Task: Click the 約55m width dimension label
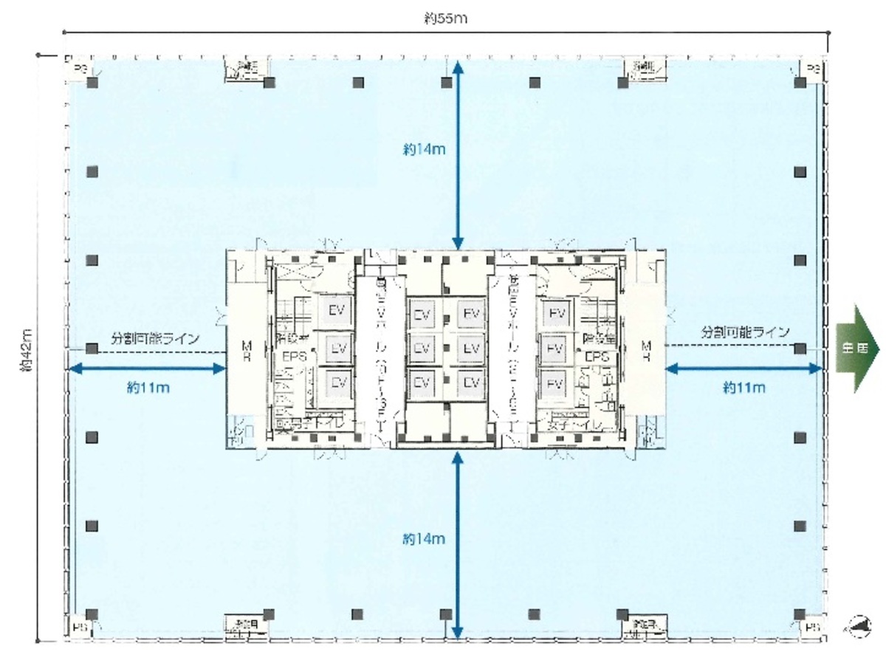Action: click(445, 20)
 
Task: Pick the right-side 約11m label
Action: click(744, 387)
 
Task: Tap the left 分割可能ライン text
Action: click(155, 339)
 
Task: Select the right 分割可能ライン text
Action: click(745, 332)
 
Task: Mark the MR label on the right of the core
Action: click(647, 350)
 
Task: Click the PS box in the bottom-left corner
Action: click(78, 628)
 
